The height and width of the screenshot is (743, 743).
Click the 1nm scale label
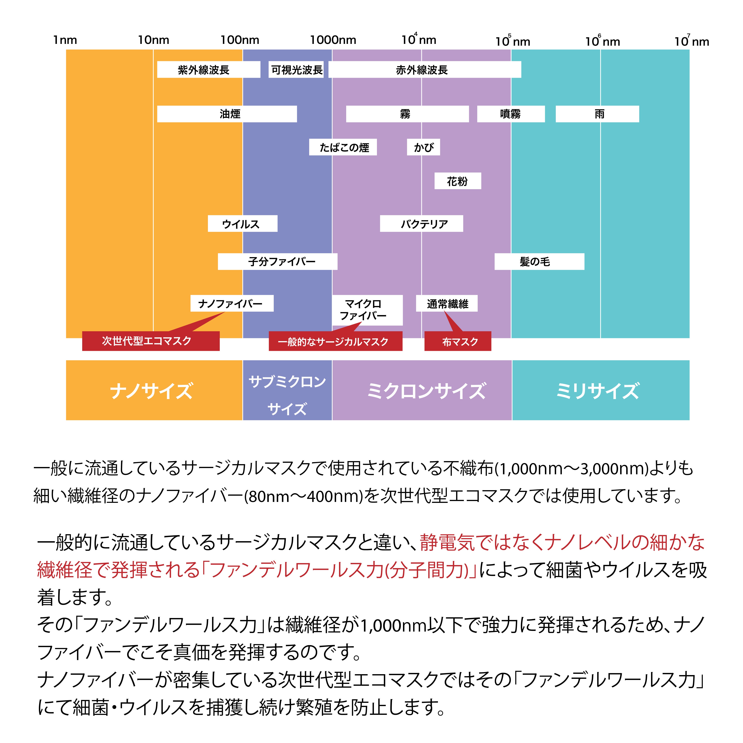[65, 40]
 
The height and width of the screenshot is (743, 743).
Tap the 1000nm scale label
[333, 40]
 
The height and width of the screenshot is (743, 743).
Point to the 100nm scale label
[240, 40]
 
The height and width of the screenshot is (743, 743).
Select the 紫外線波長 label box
[208, 70]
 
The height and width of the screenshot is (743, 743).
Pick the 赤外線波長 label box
[425, 70]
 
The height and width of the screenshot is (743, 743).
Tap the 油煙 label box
[227, 114]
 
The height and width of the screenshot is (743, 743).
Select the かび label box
[423, 147]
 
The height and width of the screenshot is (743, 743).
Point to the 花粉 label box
[458, 181]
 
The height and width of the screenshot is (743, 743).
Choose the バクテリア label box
[422, 223]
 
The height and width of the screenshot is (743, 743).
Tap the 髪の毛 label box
[539, 262]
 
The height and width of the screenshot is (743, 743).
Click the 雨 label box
[597, 114]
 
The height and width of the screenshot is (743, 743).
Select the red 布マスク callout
[458, 341]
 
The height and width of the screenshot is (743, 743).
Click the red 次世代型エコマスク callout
[151, 341]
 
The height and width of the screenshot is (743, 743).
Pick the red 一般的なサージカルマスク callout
[335, 341]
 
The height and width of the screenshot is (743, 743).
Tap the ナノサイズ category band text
[152, 391]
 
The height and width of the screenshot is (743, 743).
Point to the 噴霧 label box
[511, 114]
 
